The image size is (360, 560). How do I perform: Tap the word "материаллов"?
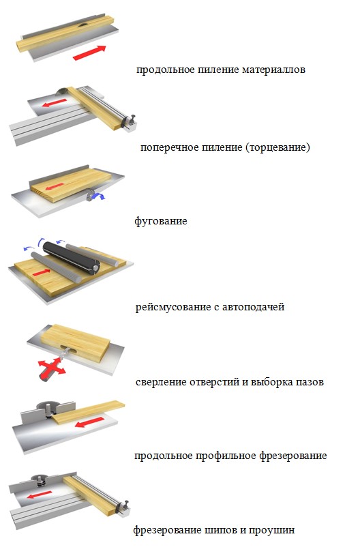click(273, 70)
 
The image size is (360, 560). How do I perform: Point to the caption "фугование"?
click(161, 221)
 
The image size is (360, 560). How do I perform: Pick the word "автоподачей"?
click(253, 307)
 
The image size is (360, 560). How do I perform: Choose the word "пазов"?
click(310, 382)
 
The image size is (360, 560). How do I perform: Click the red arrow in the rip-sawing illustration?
click(90, 53)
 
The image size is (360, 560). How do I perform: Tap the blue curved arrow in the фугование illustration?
click(96, 195)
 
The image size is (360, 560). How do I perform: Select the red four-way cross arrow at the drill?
click(52, 367)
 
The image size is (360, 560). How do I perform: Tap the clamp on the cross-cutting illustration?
click(130, 121)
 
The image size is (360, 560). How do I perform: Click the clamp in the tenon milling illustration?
click(123, 507)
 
